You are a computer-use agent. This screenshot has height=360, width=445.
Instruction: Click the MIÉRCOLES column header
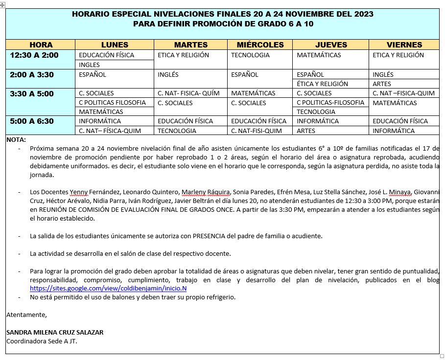(260, 45)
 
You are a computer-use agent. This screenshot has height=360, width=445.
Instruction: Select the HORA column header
(41, 45)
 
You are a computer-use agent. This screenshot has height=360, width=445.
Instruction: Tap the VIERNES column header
(404, 45)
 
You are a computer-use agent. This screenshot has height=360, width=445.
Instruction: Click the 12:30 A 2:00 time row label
(34, 55)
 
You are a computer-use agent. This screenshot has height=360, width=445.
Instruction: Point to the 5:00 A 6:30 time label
(32, 121)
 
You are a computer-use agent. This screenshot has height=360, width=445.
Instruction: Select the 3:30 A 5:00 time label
(32, 93)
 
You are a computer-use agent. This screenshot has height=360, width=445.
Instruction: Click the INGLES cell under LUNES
(89, 65)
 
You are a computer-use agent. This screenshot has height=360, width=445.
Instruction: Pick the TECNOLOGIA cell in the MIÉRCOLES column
(250, 55)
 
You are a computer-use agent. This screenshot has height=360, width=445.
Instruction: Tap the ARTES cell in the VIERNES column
(382, 84)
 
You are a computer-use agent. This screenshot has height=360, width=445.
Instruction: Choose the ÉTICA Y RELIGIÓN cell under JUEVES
(322, 84)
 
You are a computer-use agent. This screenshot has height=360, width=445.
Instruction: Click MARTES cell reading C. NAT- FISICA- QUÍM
(188, 93)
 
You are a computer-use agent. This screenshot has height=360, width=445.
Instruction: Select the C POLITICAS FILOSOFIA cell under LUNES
(112, 103)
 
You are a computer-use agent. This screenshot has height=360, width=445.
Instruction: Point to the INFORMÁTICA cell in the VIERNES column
(394, 131)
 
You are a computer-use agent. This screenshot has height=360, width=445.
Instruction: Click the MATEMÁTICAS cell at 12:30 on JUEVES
(319, 55)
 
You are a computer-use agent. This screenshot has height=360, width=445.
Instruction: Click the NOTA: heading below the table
(16, 140)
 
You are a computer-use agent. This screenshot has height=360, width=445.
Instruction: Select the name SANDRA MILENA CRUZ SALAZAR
(55, 332)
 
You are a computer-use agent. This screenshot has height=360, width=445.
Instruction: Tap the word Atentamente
(26, 315)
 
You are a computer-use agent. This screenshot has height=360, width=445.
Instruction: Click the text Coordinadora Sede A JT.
(42, 341)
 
